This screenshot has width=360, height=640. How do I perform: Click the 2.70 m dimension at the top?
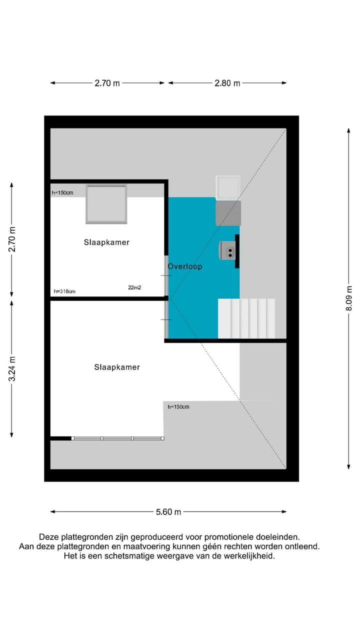(107, 83)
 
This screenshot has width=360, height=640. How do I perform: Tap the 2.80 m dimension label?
(227, 83)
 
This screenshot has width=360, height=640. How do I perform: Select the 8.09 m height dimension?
(349, 298)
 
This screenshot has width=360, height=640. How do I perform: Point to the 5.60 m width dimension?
(168, 511)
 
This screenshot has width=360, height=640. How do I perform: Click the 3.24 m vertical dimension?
(12, 369)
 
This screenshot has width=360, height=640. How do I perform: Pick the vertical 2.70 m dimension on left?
(12, 239)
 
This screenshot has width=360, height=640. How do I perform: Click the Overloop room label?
(185, 266)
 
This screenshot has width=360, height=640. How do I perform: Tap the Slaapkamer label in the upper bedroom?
(106, 242)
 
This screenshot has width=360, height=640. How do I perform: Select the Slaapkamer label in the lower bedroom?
(117, 367)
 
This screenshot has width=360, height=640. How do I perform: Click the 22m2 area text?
(134, 287)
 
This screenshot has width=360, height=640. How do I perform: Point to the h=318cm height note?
(64, 291)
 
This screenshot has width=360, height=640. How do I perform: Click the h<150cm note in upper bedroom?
(62, 192)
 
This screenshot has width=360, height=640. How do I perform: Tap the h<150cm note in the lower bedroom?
(178, 406)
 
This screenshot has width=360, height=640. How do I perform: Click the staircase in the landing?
(246, 318)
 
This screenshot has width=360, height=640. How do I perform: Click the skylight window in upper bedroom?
(105, 204)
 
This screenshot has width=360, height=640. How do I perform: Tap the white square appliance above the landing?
(228, 187)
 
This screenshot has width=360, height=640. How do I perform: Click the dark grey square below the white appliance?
(228, 212)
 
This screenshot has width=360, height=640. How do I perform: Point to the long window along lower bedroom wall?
(118, 438)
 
